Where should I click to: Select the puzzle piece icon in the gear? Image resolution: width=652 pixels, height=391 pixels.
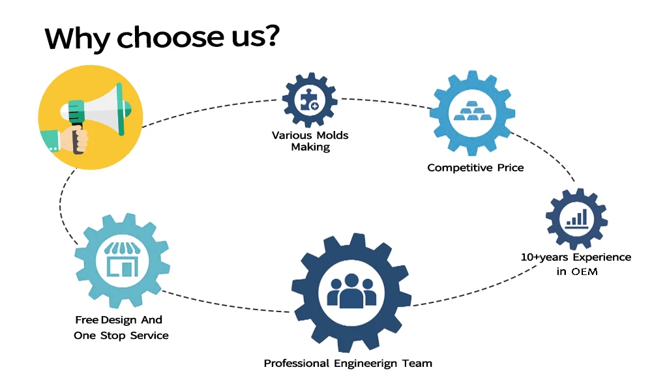310,100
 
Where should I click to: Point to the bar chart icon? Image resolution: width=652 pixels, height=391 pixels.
576,218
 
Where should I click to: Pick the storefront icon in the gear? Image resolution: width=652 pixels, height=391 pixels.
122,261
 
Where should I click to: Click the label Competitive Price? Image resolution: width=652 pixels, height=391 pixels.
475,167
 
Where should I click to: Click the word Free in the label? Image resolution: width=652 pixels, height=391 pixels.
87,320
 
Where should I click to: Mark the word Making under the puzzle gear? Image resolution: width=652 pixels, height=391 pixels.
310,147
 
